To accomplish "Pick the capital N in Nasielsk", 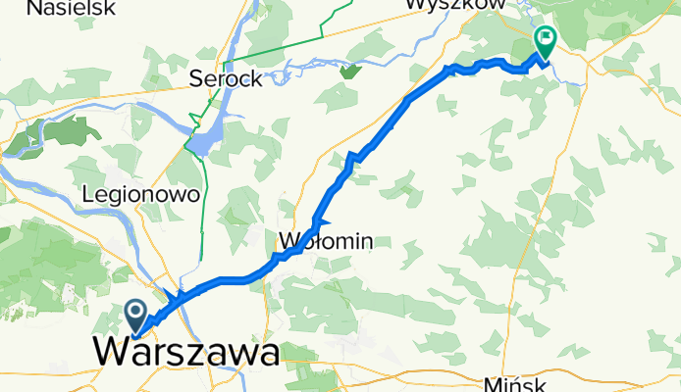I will coord(34,8).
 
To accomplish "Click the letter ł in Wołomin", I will coord(314,240).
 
